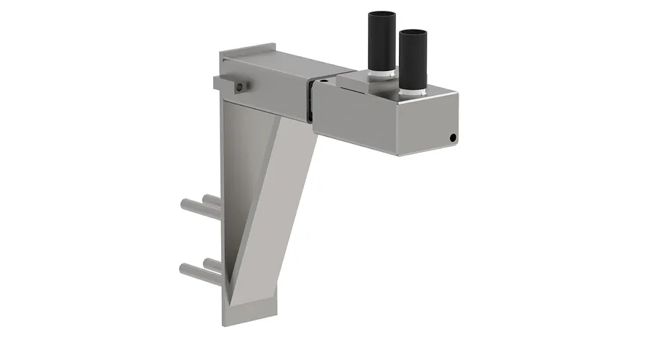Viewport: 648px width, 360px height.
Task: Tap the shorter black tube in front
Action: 412,61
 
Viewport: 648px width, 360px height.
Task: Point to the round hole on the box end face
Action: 453,138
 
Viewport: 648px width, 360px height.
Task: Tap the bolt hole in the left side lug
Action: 238,86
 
